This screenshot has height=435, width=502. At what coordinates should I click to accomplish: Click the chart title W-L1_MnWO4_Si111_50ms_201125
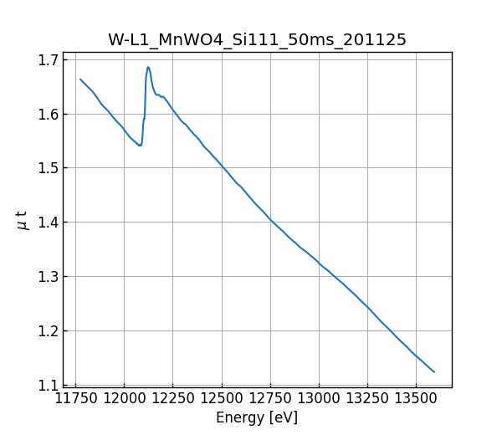257,40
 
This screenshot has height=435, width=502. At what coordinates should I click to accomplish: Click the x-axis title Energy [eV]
257,417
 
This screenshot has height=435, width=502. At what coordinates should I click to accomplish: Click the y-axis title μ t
23,220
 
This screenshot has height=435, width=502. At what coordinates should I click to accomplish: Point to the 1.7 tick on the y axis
46,60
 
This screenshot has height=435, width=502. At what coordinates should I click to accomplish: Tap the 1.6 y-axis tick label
46,115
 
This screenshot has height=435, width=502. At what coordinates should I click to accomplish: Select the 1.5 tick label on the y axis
46,168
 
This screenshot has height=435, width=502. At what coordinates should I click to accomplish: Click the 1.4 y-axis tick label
46,223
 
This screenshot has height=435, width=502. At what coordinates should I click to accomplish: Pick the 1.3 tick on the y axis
46,277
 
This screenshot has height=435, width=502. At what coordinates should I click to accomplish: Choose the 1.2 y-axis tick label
46,331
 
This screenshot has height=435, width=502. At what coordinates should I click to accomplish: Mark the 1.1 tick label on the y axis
46,386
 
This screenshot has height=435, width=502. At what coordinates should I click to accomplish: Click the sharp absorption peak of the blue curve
148,68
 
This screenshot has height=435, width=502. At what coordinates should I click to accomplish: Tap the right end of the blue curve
434,371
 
